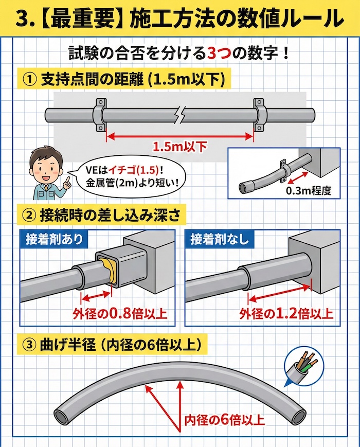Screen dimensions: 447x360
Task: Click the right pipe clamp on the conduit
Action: point(258,114)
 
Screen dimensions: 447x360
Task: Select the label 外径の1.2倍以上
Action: point(286,313)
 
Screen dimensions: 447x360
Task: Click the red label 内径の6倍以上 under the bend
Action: point(224,420)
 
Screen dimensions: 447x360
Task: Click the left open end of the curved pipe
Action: point(60,414)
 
